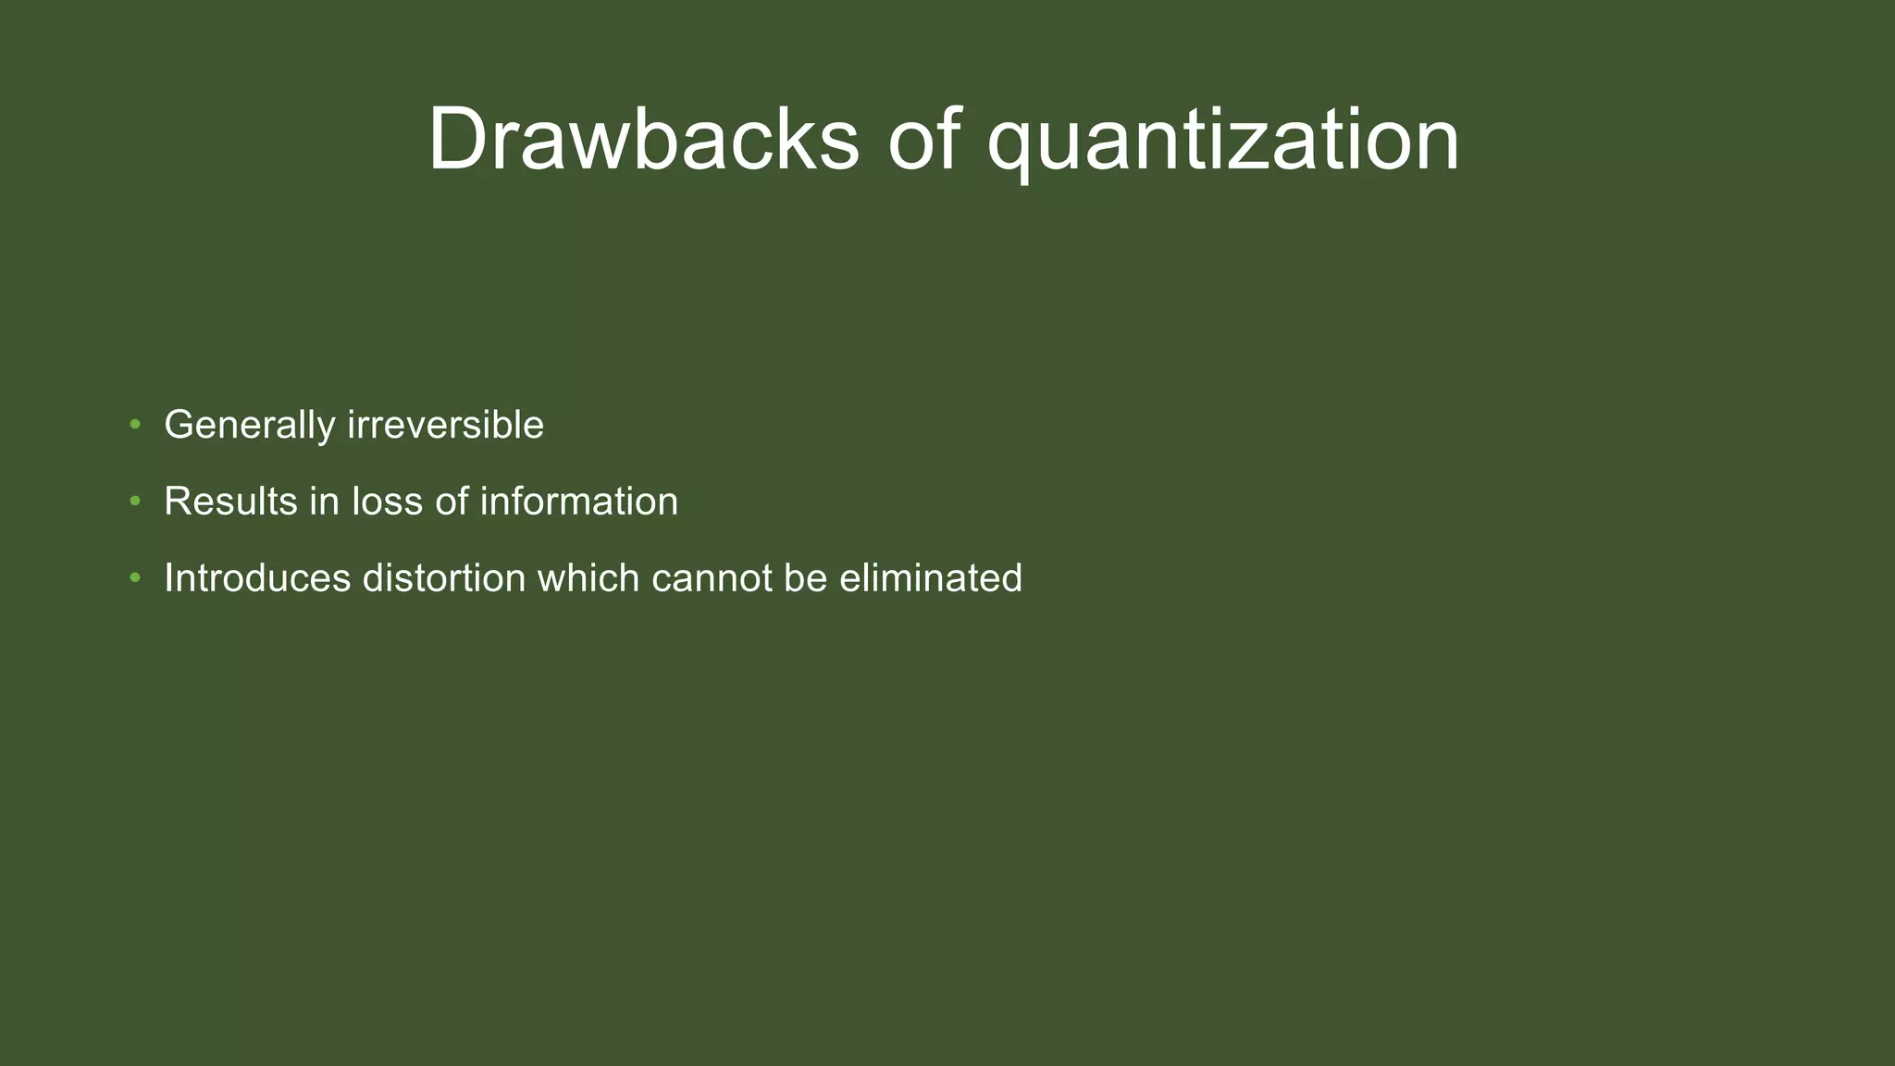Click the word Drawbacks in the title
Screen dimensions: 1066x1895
point(643,139)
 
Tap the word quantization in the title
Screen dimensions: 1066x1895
point(1223,141)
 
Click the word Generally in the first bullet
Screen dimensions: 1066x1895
point(249,426)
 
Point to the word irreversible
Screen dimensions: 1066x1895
point(445,425)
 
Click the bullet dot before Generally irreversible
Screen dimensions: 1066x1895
point(135,425)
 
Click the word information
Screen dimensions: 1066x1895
point(578,502)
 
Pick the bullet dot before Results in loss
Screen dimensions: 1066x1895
point(135,502)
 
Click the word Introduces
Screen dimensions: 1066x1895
point(257,578)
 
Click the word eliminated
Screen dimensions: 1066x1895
point(930,578)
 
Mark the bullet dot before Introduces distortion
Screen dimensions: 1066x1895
point(135,578)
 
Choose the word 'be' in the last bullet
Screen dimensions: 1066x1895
point(805,578)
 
